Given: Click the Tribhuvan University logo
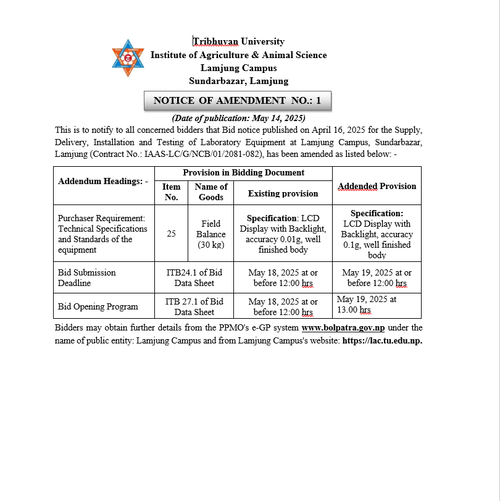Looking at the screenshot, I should coord(127,58).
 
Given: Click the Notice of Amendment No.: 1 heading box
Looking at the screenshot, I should coord(238,101).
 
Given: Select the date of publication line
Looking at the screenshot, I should coord(238,118).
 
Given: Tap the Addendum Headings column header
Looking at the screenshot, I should coord(103,182).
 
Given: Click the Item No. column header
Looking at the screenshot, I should coord(171,192).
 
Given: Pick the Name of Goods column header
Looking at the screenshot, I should coord(211,192).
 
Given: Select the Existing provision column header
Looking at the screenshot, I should coord(283,193).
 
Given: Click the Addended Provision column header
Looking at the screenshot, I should coord(377,186).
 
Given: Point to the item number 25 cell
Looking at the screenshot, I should coord(171,234).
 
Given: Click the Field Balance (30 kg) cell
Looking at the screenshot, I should coord(211,234).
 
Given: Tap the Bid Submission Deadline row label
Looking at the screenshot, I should coord(87,277).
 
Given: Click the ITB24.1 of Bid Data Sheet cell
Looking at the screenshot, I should coord(194,277).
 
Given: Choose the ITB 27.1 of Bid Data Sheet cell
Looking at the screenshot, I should coord(194,307).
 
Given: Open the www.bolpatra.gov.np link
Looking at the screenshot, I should coord(343,328).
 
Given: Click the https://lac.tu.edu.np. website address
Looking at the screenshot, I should coord(382,341).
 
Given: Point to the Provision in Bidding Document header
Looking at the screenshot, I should coord(243,173).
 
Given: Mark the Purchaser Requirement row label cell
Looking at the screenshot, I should coord(103,234).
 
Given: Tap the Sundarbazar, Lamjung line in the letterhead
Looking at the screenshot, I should coord(238,81).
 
